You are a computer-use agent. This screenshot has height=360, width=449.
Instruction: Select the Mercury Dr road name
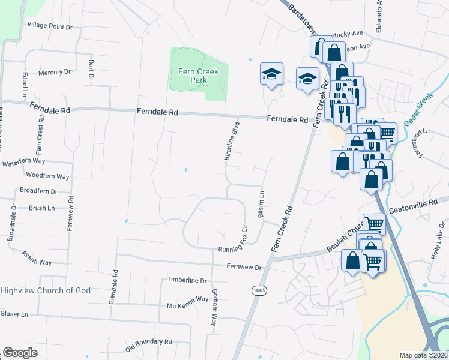(54, 72)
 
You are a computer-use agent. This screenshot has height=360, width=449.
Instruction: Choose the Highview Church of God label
(46, 290)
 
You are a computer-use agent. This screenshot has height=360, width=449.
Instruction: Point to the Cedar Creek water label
(418, 109)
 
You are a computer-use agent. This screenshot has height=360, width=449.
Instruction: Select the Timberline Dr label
(187, 280)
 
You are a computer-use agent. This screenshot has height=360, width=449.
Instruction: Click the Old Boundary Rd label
(148, 345)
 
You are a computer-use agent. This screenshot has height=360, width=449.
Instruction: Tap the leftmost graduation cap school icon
(271, 74)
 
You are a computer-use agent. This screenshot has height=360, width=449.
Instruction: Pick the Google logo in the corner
(20, 353)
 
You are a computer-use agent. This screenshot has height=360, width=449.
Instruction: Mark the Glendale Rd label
(112, 286)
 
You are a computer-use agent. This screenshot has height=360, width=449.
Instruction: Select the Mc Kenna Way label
(187, 306)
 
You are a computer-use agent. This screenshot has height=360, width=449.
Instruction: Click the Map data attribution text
(424, 355)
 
